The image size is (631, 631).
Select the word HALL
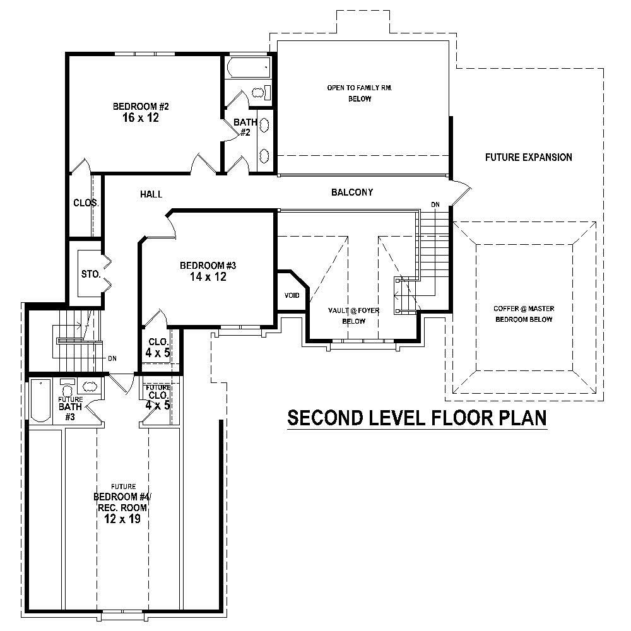point(151,195)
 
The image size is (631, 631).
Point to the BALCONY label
point(352,192)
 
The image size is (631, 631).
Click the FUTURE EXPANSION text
point(528,157)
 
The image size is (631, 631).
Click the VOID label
point(292,295)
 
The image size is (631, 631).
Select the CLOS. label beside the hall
point(85,203)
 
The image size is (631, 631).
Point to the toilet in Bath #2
point(259,93)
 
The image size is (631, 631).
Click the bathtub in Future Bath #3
point(41,401)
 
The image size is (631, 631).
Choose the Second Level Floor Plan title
point(416,418)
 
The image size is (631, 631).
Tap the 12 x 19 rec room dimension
point(121,519)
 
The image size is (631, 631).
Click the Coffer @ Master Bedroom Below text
point(522,314)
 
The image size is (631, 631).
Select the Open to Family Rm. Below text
point(360,93)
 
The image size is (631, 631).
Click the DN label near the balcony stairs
point(435,204)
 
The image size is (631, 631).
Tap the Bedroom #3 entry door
point(170,224)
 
